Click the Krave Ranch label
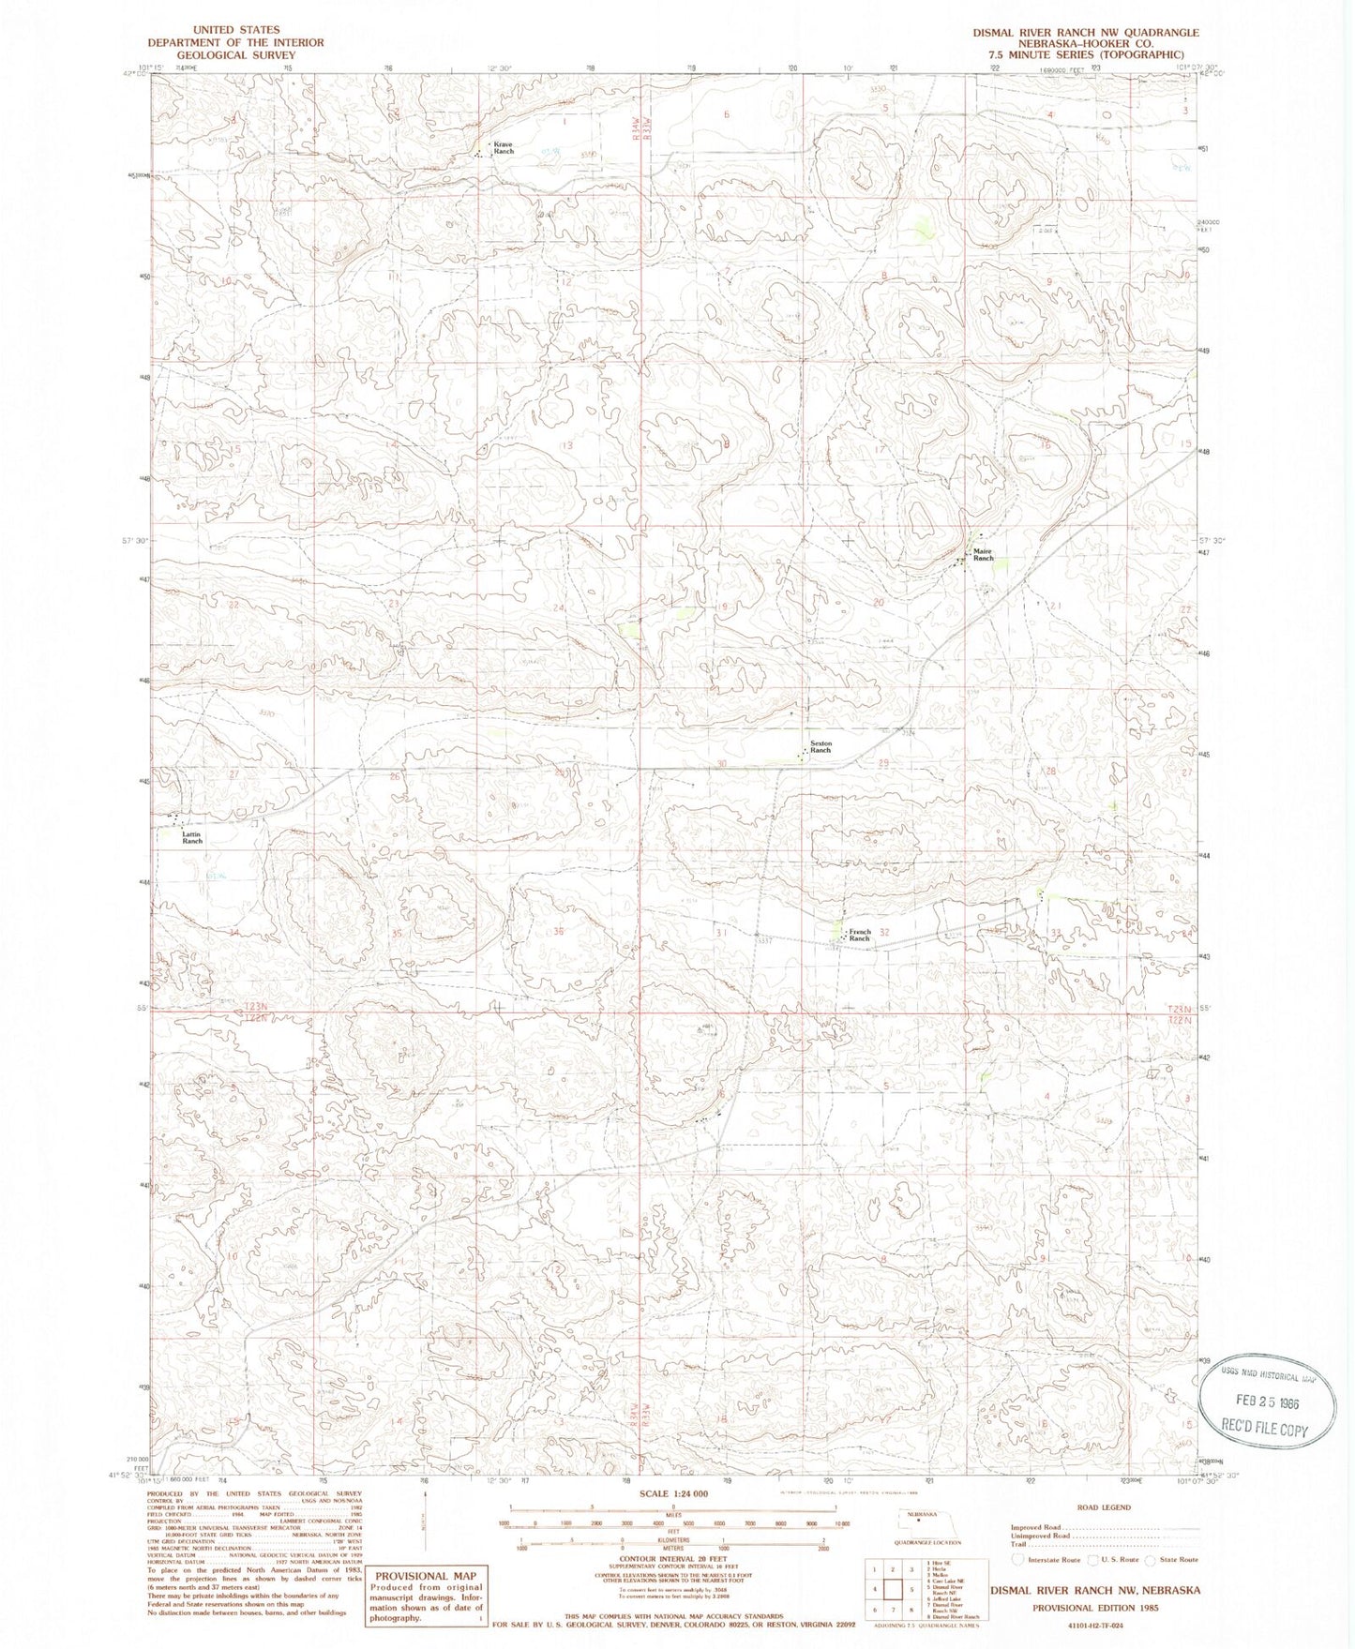(504, 147)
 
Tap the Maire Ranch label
(982, 555)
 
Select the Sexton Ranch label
(821, 747)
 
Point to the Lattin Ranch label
(192, 837)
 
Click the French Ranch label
(860, 935)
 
